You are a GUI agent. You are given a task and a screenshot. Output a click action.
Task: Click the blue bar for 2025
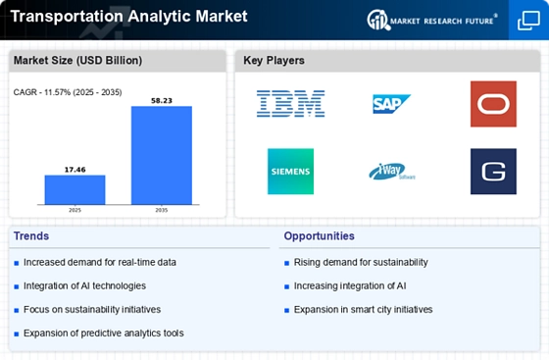click(75, 189)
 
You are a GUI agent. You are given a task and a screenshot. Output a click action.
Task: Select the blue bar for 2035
click(162, 155)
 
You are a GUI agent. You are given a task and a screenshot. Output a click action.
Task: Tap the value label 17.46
click(75, 170)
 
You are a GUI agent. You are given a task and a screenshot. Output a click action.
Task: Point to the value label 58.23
click(162, 100)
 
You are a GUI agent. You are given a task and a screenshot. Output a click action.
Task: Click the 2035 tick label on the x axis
click(162, 210)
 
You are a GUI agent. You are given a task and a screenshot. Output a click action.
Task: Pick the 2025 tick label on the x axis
click(75, 210)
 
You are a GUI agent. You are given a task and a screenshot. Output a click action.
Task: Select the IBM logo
click(290, 104)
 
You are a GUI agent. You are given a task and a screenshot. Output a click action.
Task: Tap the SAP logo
click(391, 104)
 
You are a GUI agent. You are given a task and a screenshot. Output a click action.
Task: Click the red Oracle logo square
click(493, 104)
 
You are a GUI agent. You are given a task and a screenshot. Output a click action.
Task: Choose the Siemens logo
click(290, 172)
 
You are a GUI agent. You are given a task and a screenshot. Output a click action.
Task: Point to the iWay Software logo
click(392, 172)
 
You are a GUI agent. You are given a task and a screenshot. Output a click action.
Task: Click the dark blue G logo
click(493, 172)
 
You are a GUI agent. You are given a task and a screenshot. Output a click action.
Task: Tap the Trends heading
click(31, 236)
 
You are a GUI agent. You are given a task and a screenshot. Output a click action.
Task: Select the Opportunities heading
click(319, 236)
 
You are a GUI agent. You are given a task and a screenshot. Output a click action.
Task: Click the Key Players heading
click(274, 60)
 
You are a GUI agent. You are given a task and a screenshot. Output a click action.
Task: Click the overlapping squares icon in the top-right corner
click(528, 21)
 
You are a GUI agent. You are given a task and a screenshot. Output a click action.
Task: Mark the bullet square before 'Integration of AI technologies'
click(17, 286)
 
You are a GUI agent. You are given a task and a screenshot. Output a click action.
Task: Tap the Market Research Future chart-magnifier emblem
click(378, 20)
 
